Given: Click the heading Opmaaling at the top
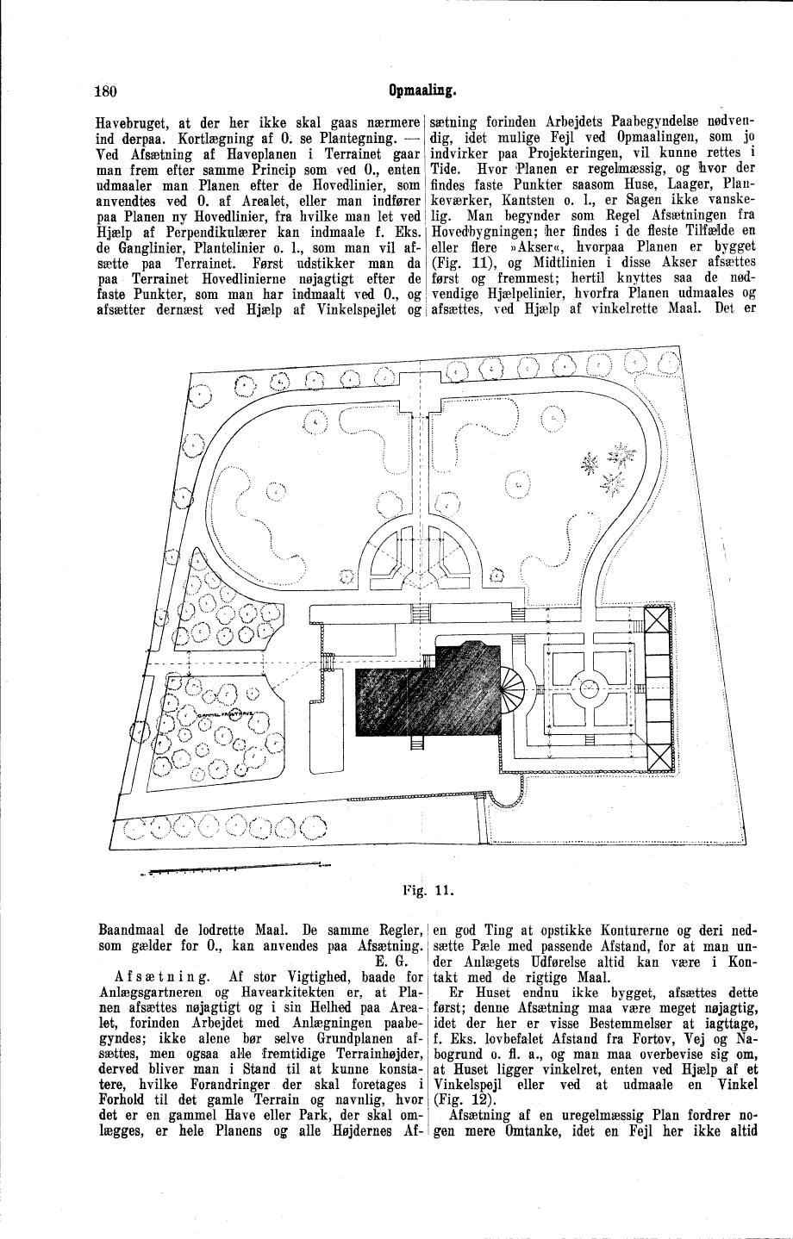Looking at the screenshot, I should pyautogui.click(x=421, y=88).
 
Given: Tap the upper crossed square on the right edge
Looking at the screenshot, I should pyautogui.click(x=659, y=622).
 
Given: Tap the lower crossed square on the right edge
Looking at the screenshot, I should pyautogui.click(x=659, y=756).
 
